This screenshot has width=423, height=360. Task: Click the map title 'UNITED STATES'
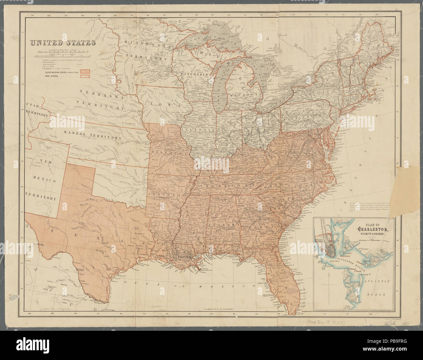pos(63,43)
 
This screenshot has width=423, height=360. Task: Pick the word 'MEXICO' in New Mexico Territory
pos(43,180)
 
